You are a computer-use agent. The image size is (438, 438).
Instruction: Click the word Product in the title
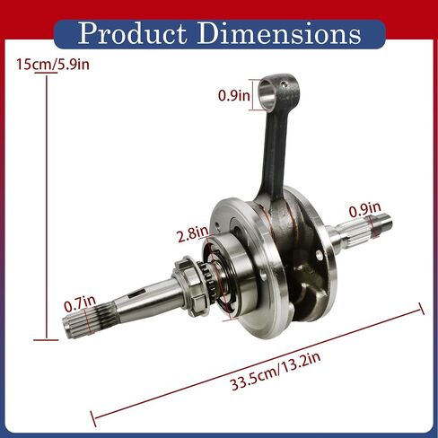tap(132, 33)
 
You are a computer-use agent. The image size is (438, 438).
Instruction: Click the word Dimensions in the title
tap(279, 33)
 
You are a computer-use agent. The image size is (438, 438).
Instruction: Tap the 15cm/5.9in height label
tap(53, 65)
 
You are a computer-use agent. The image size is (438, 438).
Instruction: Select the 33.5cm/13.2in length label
tap(276, 371)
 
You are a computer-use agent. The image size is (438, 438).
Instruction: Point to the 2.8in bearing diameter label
tap(193, 233)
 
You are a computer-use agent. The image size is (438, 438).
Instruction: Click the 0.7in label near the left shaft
tap(80, 304)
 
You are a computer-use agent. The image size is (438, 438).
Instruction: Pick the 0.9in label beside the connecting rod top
tap(233, 95)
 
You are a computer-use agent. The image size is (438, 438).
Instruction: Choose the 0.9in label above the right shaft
tap(365, 209)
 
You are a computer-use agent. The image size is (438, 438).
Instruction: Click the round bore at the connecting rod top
tap(267, 93)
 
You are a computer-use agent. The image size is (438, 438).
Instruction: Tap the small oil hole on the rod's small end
tap(285, 85)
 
